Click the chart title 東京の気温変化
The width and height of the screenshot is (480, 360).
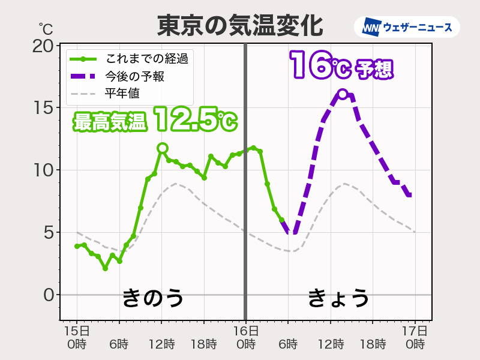point(240,25)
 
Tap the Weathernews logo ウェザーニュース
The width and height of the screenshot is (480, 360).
point(411,27)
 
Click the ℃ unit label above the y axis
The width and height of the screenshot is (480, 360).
point(46,28)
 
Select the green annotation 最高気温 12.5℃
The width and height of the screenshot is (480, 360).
point(155,121)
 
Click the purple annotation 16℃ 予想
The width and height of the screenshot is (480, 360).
point(341,65)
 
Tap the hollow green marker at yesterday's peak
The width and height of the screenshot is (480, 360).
point(162,148)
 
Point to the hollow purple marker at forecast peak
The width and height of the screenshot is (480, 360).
point(342,94)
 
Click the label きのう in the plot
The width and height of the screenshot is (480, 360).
point(152,298)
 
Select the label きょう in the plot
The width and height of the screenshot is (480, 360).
point(338,298)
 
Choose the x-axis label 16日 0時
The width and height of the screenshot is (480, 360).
point(246,338)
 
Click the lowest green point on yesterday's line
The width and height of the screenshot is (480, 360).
point(105,268)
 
